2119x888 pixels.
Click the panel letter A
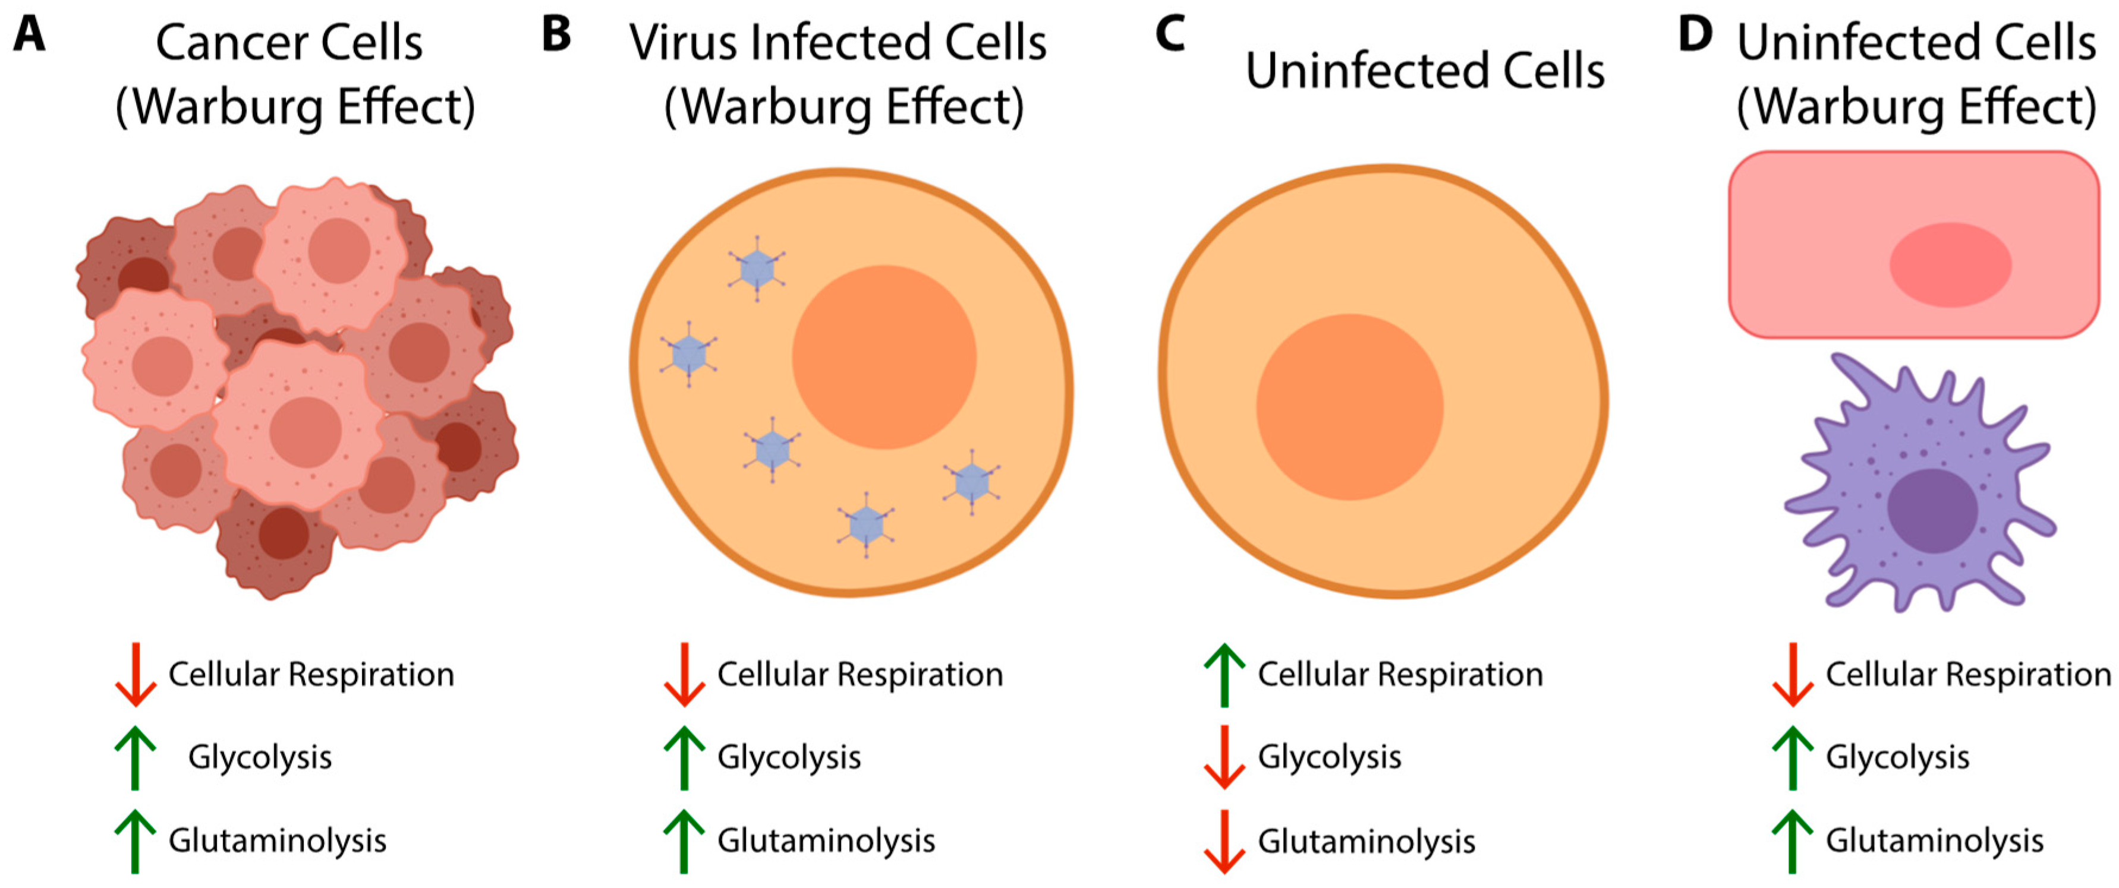[30, 34]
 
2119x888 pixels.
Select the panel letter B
[556, 34]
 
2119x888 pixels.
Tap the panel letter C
[1170, 34]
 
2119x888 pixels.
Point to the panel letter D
[1695, 34]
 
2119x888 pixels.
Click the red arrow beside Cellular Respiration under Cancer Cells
[135, 674]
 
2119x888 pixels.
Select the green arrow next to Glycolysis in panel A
[135, 757]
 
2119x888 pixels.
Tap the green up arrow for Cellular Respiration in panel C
[1224, 674]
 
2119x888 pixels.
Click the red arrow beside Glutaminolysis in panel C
[1224, 841]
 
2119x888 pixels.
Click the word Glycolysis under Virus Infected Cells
[789, 757]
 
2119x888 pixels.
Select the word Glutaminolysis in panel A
[277, 840]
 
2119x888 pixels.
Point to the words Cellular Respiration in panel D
[1967, 674]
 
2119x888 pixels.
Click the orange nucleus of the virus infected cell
[883, 357]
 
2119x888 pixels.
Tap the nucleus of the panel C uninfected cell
[1349, 407]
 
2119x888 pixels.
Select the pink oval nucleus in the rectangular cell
[1950, 265]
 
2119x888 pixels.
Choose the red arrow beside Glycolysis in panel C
[1224, 757]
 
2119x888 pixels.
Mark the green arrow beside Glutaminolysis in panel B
[684, 840]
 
